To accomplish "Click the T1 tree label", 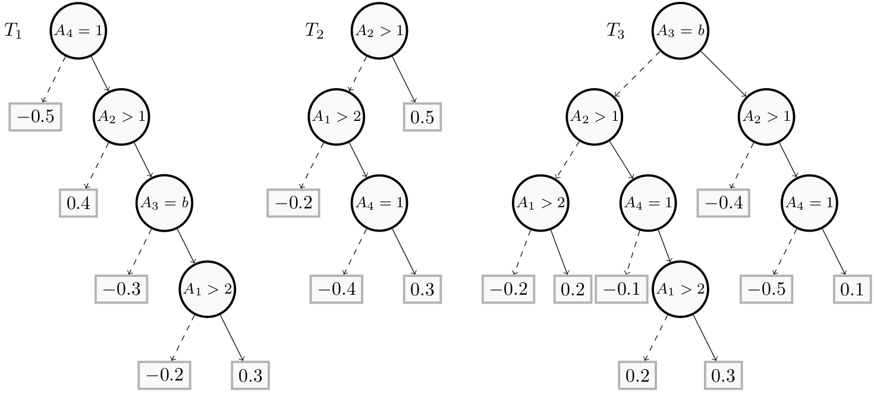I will click(13, 31).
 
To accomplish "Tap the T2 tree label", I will click(315, 31).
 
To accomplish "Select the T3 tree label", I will click(615, 31).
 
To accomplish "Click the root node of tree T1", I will click(78, 32).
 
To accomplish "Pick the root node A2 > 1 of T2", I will click(380, 32).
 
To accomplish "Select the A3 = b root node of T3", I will click(680, 32).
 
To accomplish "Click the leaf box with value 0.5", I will click(423, 117).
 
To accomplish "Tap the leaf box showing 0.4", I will click(78, 203).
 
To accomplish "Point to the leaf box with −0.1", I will click(621, 289).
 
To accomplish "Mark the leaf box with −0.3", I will click(121, 289).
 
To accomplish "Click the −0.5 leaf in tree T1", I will click(36, 117).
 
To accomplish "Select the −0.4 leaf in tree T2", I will click(336, 289).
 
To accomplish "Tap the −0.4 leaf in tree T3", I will click(723, 203).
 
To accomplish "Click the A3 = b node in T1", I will click(164, 203).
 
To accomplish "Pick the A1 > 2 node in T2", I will click(337, 117).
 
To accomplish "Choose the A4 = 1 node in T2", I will click(380, 203).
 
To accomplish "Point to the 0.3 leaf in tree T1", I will click(250, 376).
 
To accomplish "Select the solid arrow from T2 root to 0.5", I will click(403, 77).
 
